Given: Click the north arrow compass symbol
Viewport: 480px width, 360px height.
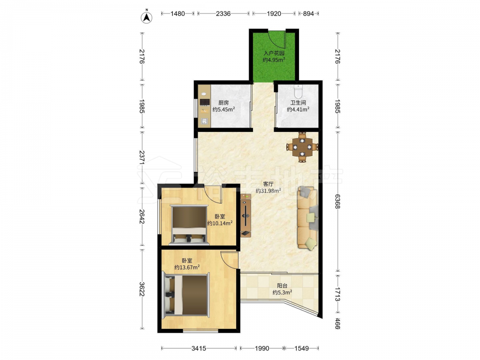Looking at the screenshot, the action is pos(146,16).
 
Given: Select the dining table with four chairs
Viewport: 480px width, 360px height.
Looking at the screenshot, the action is pos(302,147).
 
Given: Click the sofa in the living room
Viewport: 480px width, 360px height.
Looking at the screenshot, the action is pos(307,217).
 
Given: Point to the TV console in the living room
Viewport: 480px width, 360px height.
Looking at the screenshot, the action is pos(245,216).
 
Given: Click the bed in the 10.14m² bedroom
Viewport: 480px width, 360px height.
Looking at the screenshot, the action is pos(189,225).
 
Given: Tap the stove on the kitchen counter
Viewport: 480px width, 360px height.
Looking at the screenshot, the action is pos(204,102).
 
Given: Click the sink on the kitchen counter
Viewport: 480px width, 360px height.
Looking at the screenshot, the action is pos(204,121).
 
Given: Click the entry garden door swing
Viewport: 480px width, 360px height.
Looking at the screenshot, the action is pos(277,40).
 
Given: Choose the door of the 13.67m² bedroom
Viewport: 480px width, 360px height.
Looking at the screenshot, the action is pos(229,260).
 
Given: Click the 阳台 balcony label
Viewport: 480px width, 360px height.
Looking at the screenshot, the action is pos(282,286).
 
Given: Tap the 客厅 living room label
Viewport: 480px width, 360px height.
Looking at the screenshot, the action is pos(268,184).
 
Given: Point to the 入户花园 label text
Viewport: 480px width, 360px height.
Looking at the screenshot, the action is pos(274,53).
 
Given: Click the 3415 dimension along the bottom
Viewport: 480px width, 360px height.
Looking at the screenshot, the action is pos(199,348).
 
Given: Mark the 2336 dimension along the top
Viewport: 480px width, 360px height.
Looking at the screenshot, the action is pos(223,13).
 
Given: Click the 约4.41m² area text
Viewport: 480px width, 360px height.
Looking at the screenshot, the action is pos(298,109).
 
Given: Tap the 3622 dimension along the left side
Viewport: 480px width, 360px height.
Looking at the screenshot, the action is pos(142,288).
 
